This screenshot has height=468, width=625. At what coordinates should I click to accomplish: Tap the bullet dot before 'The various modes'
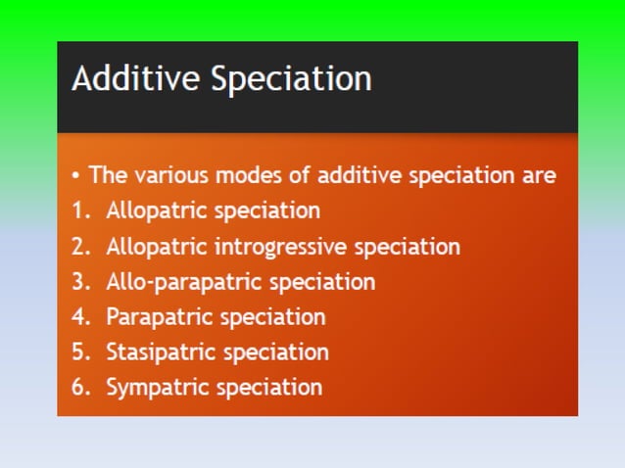[76, 176]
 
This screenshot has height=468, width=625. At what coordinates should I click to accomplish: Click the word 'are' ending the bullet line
[539, 175]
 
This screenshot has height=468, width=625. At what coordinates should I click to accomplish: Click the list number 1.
[78, 211]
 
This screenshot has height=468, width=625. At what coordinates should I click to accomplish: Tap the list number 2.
[79, 246]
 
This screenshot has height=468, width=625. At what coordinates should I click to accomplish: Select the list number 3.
[79, 282]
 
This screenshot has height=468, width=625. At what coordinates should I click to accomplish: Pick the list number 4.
[79, 317]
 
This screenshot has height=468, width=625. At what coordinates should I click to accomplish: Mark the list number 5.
[79, 352]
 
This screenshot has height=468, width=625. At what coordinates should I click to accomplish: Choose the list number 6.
[79, 388]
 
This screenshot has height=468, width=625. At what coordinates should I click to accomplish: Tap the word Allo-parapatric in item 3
[184, 282]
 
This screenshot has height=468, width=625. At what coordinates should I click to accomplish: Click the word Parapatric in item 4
[159, 317]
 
